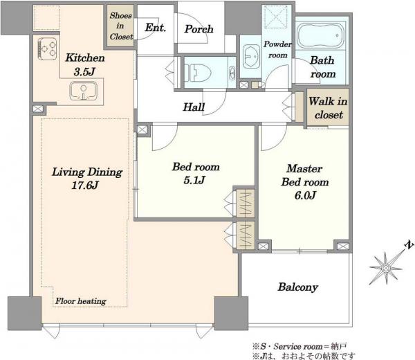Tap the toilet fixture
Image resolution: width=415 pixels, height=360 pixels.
[x=198, y=72]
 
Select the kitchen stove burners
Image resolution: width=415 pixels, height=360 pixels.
[x=48, y=48]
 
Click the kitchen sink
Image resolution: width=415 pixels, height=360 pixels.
[x=84, y=91]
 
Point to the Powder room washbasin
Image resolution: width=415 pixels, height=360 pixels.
[x=252, y=57]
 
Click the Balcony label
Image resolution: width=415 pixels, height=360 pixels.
[x=297, y=287]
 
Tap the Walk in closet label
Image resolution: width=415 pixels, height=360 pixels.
[x=328, y=108]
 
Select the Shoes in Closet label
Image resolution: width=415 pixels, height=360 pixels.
[x=121, y=26]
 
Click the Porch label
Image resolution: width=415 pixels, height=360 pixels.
[x=199, y=29]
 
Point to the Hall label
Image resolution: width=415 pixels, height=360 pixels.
[x=194, y=107]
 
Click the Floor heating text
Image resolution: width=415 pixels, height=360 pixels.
[x=81, y=301]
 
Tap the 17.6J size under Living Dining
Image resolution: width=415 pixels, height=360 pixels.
[x=85, y=185]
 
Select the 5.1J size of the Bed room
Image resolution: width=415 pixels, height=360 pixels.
[x=194, y=180]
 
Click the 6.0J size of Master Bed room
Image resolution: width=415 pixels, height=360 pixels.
[x=305, y=195]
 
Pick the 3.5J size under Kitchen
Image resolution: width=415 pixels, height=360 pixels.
[x=84, y=71]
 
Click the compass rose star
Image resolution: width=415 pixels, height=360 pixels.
[x=386, y=269]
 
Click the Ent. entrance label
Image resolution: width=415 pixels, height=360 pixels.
[x=156, y=28]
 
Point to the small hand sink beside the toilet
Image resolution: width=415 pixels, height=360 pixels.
[x=232, y=73]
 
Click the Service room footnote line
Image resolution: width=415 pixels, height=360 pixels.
[x=299, y=346]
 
